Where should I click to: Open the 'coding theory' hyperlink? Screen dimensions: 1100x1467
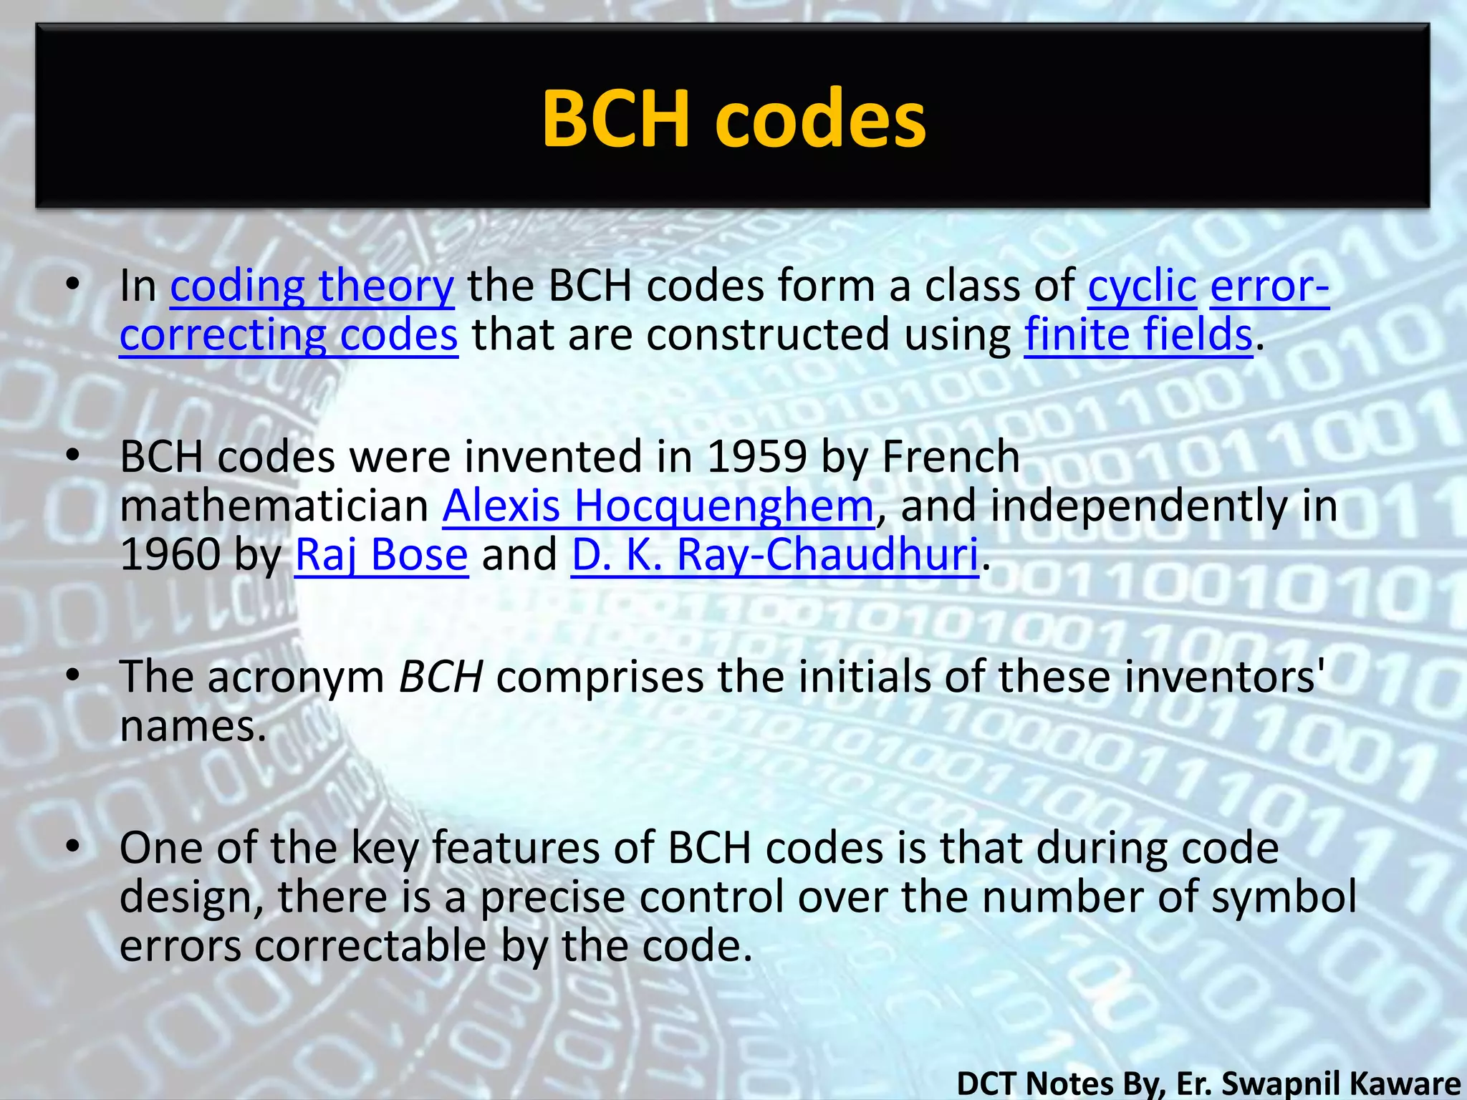coord(312,286)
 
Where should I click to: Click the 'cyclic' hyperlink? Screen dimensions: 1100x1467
coord(1142,286)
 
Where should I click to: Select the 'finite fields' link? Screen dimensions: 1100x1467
coord(1138,335)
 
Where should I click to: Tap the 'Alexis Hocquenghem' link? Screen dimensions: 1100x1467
coord(658,506)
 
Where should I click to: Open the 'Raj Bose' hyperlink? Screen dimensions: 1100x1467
coord(381,555)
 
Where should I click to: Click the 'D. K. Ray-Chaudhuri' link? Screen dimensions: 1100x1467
coord(774,555)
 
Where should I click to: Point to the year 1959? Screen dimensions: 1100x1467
coord(756,457)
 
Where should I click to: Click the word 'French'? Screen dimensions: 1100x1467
coord(951,457)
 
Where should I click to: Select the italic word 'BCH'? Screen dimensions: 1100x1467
coord(441,677)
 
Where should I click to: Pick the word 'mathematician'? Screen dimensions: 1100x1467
coord(274,506)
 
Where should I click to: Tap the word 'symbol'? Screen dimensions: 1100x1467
coord(1284,897)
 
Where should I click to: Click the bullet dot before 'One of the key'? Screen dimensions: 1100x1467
coord(72,847)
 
